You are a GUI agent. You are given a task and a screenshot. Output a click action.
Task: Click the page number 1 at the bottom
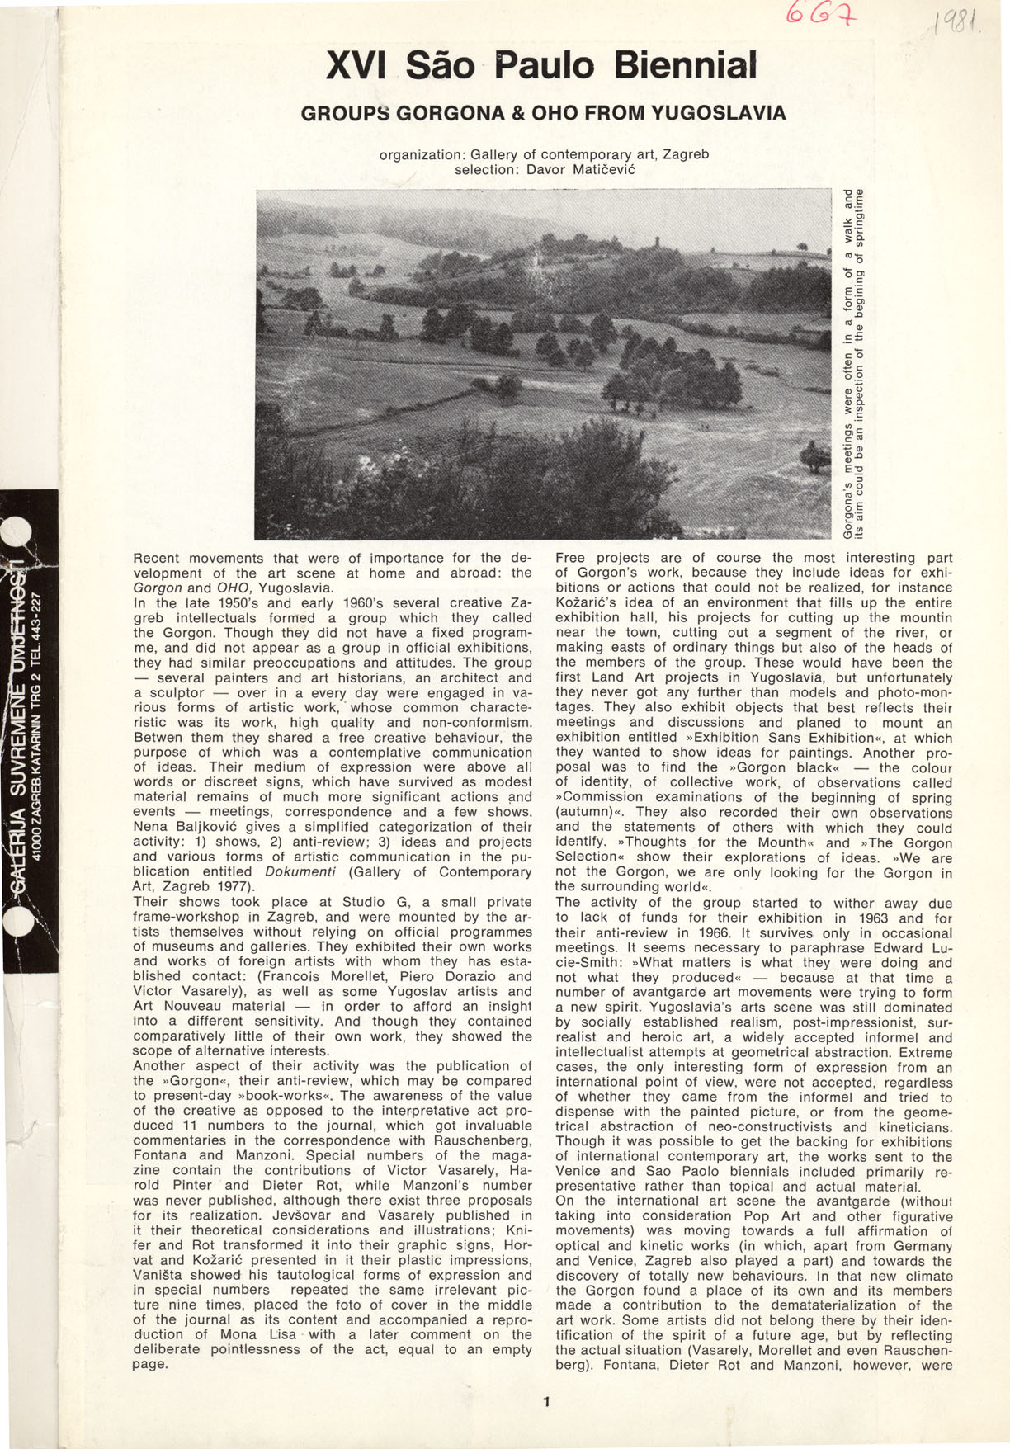(x=545, y=1400)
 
